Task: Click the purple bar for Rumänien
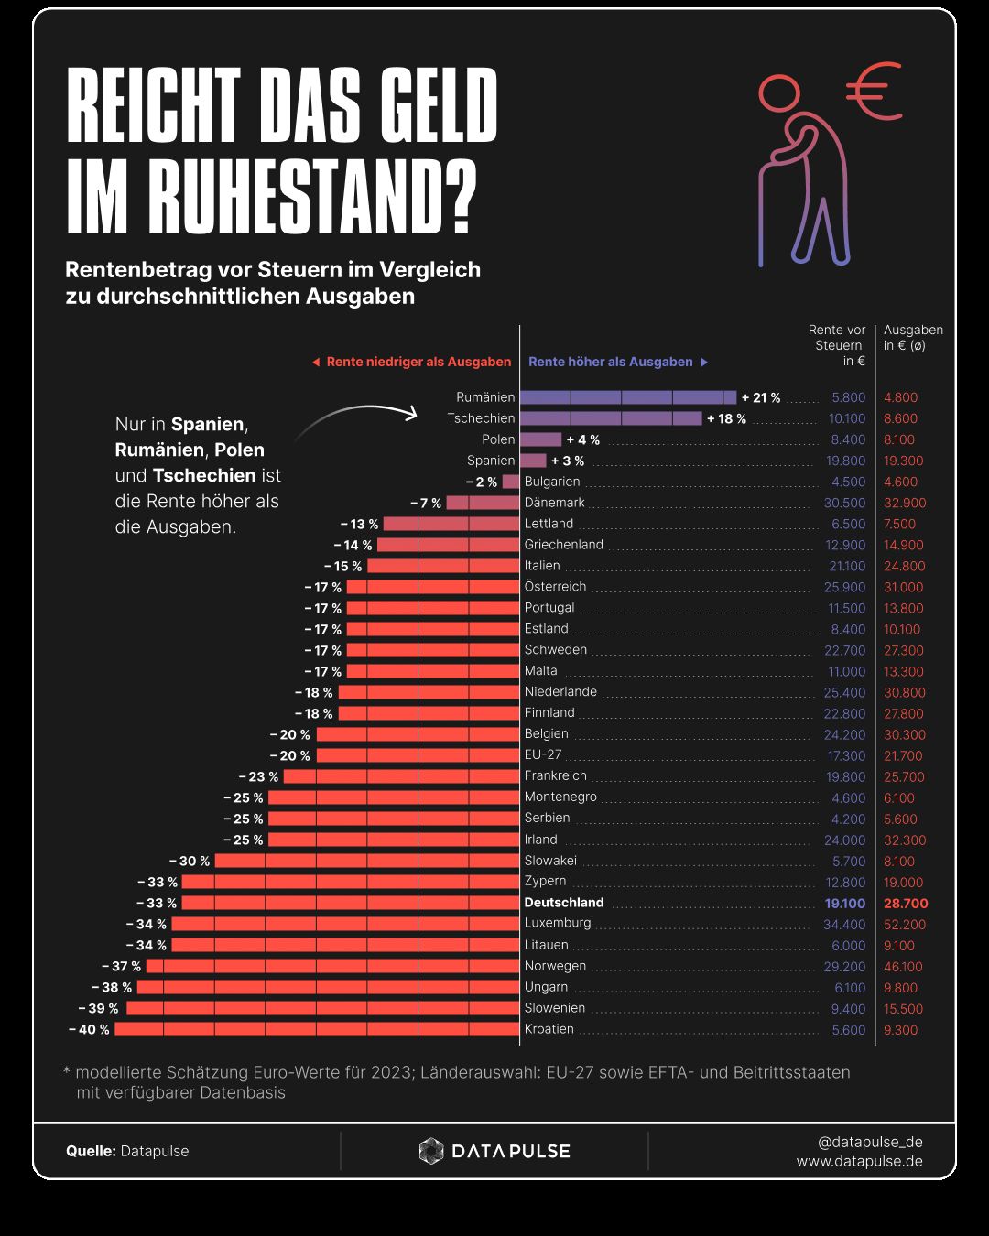pos(628,397)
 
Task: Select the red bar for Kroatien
pos(317,1029)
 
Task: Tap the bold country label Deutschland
pos(564,903)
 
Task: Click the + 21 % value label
pos(761,397)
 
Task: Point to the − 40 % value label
pos(89,1029)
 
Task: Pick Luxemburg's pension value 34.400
pos(844,924)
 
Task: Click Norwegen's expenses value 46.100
pos(903,966)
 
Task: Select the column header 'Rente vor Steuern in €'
pos(838,345)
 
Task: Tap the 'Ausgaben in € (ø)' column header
pos(912,338)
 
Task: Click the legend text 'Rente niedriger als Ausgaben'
pos(418,362)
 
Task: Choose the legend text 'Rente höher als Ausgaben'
pos(611,362)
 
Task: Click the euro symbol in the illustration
pos(874,92)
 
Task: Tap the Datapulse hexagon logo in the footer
pos(431,1151)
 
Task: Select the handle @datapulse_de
pos(870,1142)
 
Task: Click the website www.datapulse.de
pos(859,1161)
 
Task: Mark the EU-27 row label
pos(543,754)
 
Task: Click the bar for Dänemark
pos(483,503)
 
